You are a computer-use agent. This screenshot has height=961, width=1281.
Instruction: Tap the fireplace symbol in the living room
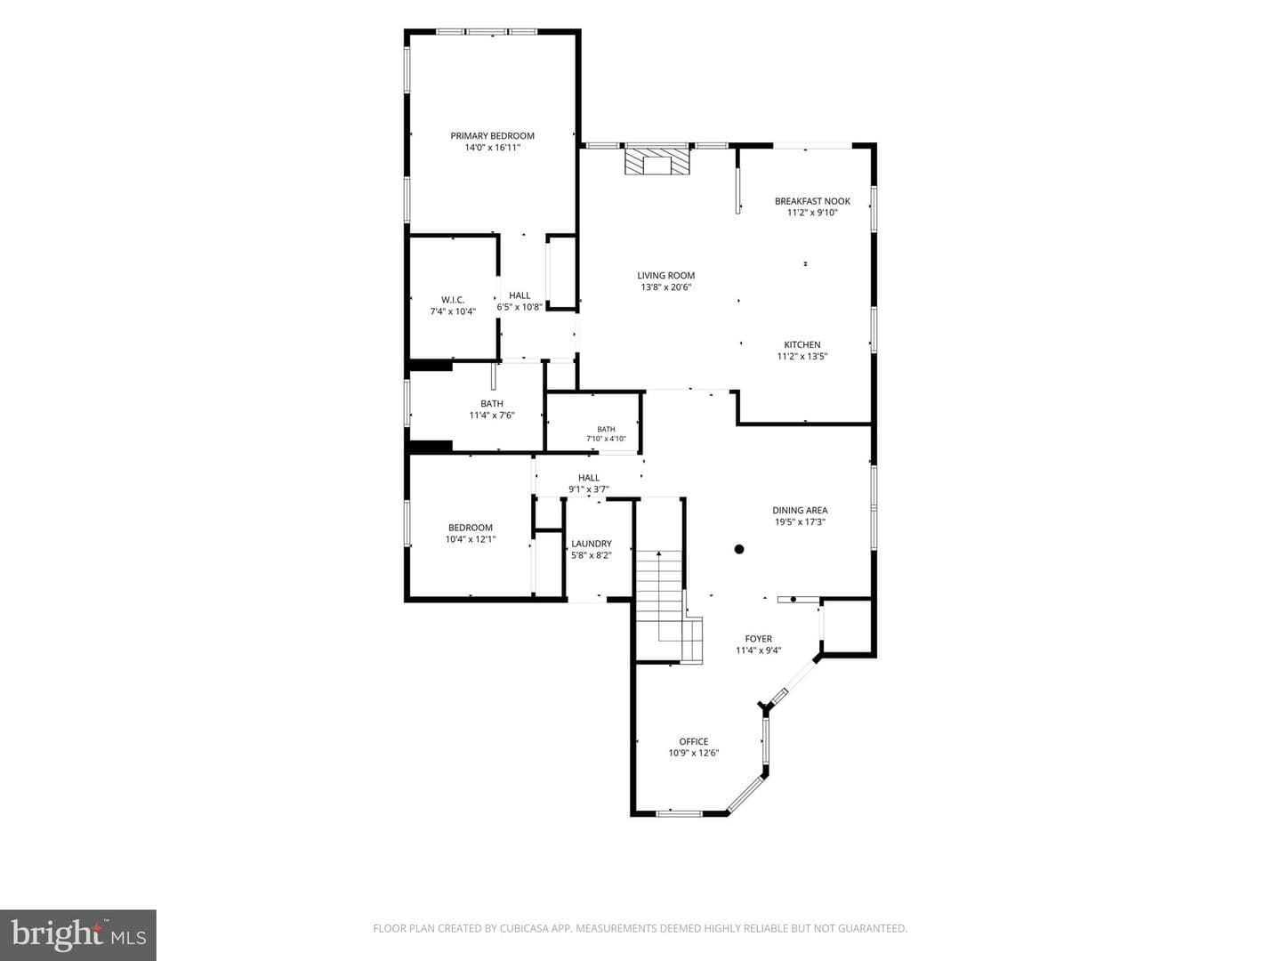pos(657,162)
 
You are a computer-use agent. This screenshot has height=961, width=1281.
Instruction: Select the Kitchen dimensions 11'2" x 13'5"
pos(802,357)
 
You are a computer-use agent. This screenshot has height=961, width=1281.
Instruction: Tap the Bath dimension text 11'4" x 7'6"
pos(492,416)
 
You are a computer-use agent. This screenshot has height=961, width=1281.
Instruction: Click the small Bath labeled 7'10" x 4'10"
pos(607,434)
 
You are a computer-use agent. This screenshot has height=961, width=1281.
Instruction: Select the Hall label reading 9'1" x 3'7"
pos(589,484)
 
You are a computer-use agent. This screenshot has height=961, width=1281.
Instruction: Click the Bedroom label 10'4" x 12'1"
pos(471,533)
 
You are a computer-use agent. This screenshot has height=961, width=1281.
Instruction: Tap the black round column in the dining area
pos(739,549)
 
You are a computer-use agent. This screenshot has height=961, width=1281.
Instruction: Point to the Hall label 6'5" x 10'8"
pos(520,302)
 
